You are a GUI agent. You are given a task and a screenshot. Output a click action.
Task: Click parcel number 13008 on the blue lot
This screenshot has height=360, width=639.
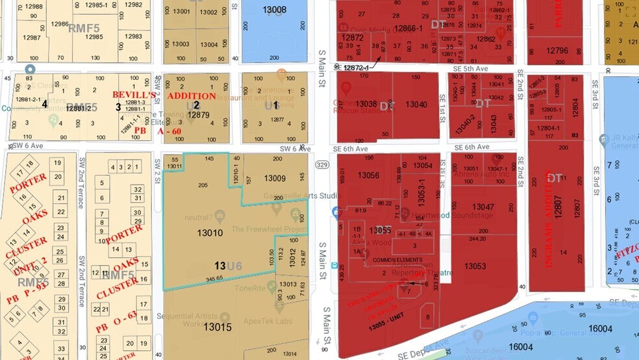(275, 10)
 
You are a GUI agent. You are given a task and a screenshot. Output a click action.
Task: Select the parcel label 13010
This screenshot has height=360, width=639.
(209, 232)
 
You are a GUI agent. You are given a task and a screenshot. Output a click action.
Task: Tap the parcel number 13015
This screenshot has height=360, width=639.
(217, 327)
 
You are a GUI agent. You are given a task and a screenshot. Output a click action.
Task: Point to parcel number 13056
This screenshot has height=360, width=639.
(368, 175)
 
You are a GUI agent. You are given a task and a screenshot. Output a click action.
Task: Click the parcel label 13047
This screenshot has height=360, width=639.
(482, 207)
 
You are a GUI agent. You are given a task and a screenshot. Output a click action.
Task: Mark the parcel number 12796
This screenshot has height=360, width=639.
(557, 51)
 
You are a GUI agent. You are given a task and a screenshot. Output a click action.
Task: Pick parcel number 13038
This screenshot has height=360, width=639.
(366, 104)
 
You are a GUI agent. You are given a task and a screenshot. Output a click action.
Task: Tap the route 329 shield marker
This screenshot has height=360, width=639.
(321, 166)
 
